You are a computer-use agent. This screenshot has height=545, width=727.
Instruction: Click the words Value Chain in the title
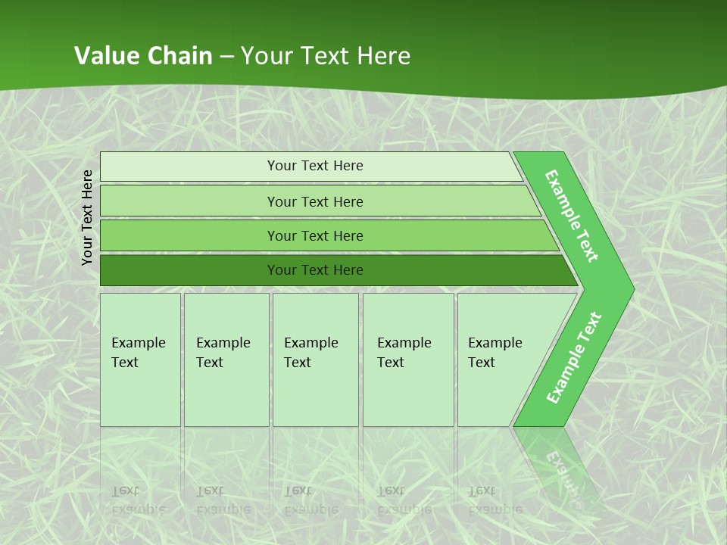pyautogui.click(x=143, y=55)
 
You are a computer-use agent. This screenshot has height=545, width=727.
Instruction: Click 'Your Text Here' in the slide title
pyautogui.click(x=326, y=55)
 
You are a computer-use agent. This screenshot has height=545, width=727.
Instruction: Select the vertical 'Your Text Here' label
pyautogui.click(x=88, y=217)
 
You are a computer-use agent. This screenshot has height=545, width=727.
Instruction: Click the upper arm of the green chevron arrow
pyautogui.click(x=572, y=216)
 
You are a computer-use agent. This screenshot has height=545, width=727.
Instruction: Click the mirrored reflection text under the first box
pyautogui.click(x=138, y=500)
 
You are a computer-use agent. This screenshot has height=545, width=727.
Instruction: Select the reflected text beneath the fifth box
pyautogui.click(x=495, y=500)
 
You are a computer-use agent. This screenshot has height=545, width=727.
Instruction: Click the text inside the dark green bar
pyautogui.click(x=315, y=270)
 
